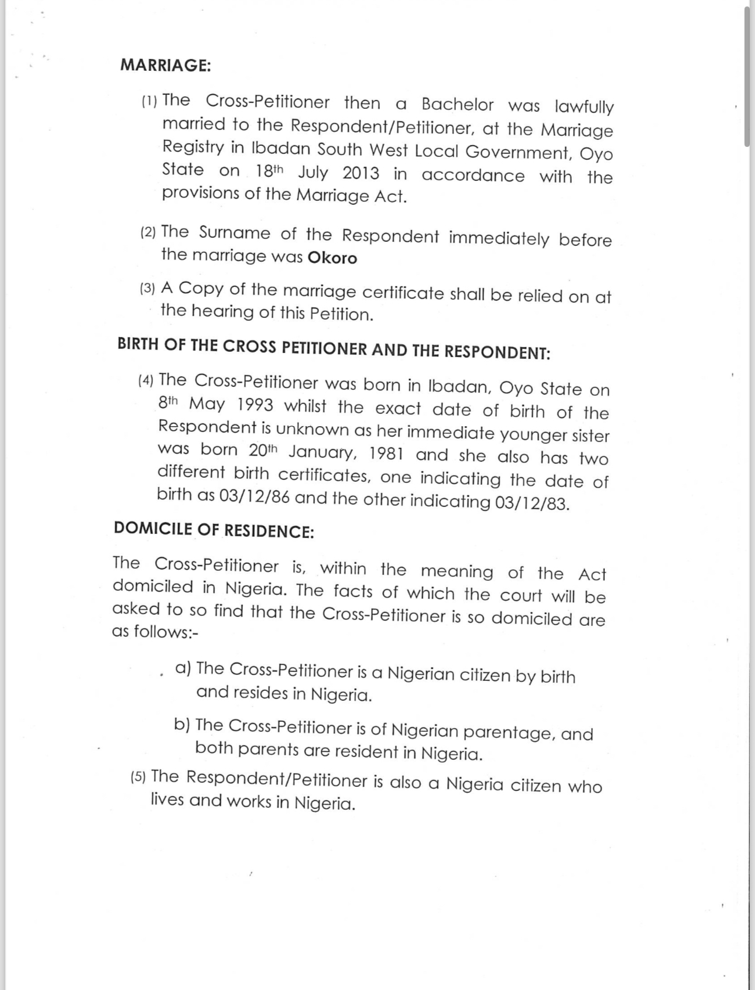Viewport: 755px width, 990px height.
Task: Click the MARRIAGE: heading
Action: (166, 65)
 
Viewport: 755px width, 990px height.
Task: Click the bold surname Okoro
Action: (332, 258)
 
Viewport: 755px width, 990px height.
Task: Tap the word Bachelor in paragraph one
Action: (457, 104)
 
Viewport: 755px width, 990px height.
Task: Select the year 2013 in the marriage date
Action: (361, 173)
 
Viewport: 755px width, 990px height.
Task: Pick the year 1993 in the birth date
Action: (255, 405)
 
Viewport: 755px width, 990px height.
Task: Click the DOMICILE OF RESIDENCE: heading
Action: (214, 530)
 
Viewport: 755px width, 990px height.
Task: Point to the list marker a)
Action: (183, 668)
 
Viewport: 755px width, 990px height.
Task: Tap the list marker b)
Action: (182, 725)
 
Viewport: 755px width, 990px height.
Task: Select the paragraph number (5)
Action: (138, 777)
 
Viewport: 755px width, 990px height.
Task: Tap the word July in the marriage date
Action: (313, 173)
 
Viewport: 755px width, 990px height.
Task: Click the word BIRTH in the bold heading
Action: (138, 344)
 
